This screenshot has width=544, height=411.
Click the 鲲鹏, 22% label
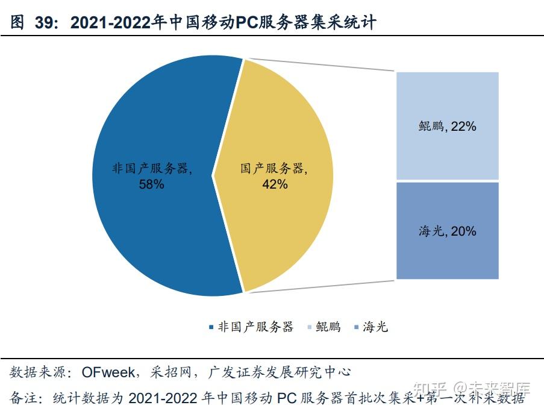448,126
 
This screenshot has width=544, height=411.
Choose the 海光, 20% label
448,231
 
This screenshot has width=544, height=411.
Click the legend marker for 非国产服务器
211,327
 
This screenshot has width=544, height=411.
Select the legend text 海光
375,327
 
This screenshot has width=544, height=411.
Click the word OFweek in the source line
107,371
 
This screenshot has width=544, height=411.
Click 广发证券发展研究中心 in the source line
280,371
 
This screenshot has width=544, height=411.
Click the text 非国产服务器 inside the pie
151,169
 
